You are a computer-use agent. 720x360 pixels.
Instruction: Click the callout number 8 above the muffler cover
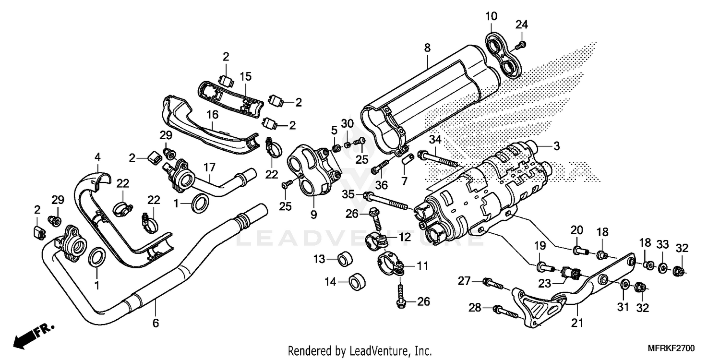tap(427, 47)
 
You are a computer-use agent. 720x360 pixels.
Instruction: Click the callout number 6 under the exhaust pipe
tap(156, 323)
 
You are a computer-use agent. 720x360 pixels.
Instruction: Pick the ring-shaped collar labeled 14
tap(356, 282)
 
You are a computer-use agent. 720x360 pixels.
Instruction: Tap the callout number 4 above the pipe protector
tap(97, 156)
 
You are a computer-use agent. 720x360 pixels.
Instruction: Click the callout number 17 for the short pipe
tap(209, 168)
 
